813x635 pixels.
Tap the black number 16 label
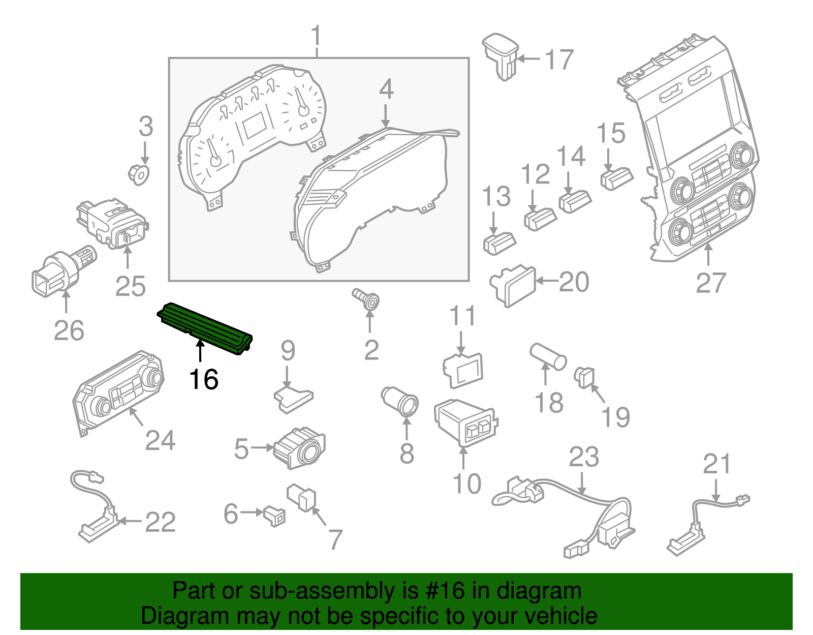(x=203, y=379)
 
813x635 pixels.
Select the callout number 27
(x=710, y=283)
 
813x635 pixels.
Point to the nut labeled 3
(x=139, y=174)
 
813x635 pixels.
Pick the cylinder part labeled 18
(x=548, y=356)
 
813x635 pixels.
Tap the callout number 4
(x=386, y=89)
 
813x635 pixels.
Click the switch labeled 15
(x=616, y=177)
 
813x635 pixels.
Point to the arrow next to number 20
(x=547, y=281)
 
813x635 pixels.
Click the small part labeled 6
(x=275, y=516)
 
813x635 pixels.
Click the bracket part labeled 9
(x=294, y=397)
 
